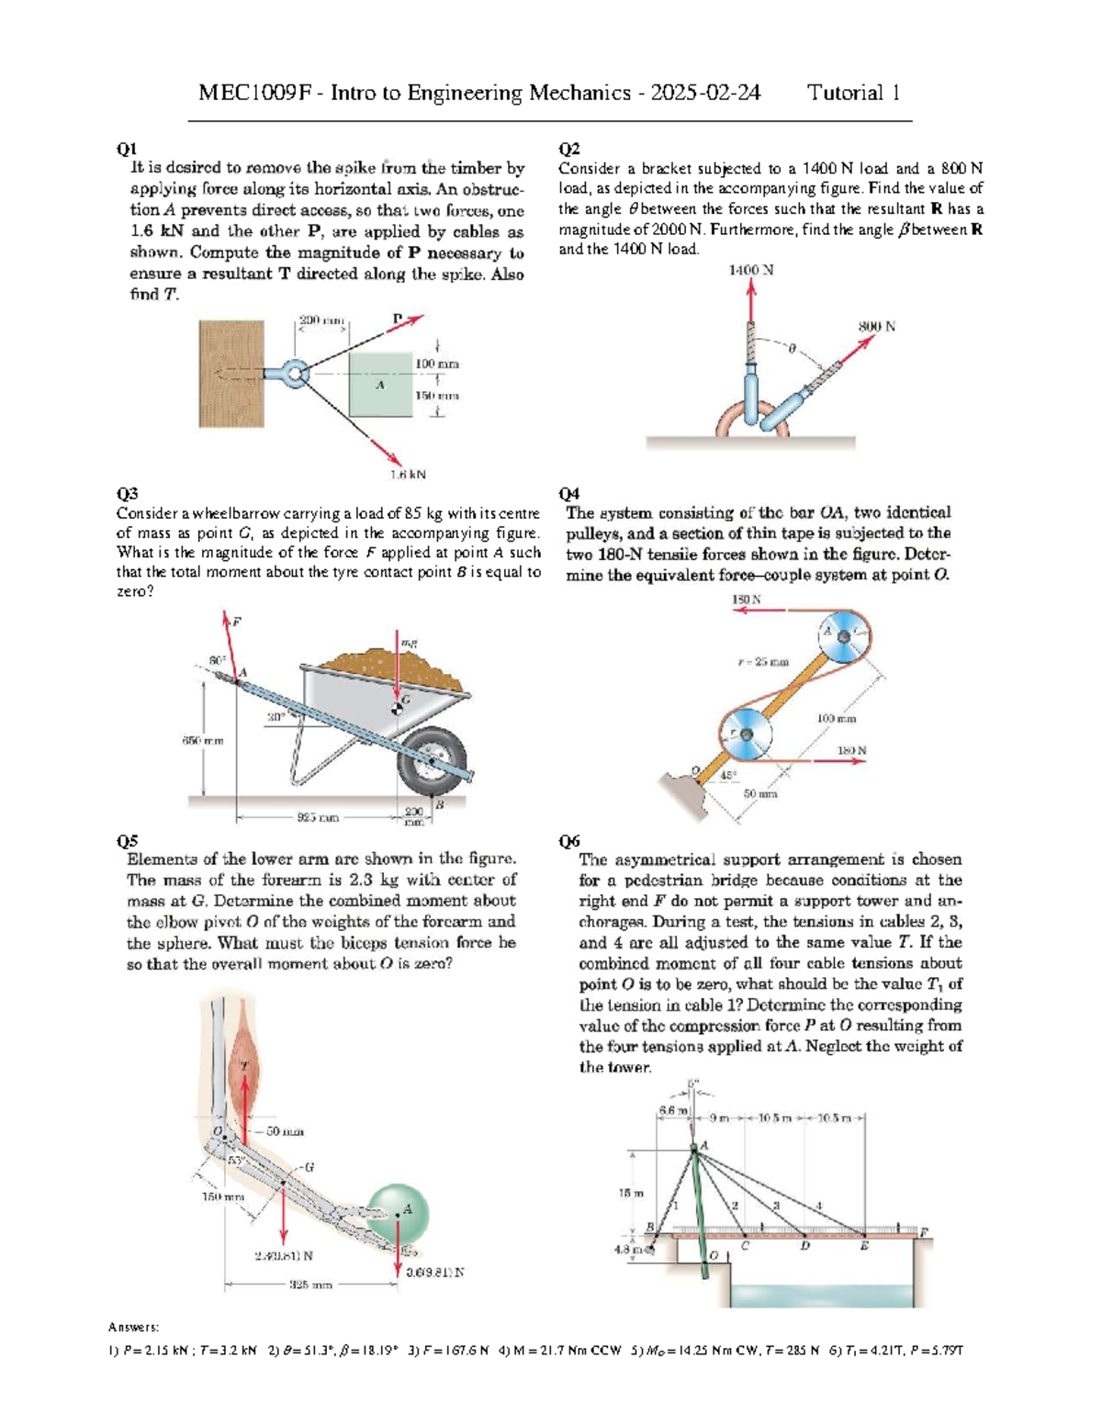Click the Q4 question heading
coord(568,494)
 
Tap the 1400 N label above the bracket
coord(750,270)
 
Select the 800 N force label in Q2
coord(876,326)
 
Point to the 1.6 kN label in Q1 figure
coord(408,475)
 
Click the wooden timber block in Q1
coord(231,373)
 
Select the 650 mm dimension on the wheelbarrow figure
coord(202,739)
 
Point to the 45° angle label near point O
coord(727,776)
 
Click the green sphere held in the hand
coord(397,1212)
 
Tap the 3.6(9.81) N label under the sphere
coord(435,1273)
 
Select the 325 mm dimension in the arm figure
coord(310,1285)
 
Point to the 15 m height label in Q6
coord(630,1193)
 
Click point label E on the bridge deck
coord(863,1246)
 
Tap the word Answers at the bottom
coord(133,1327)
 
